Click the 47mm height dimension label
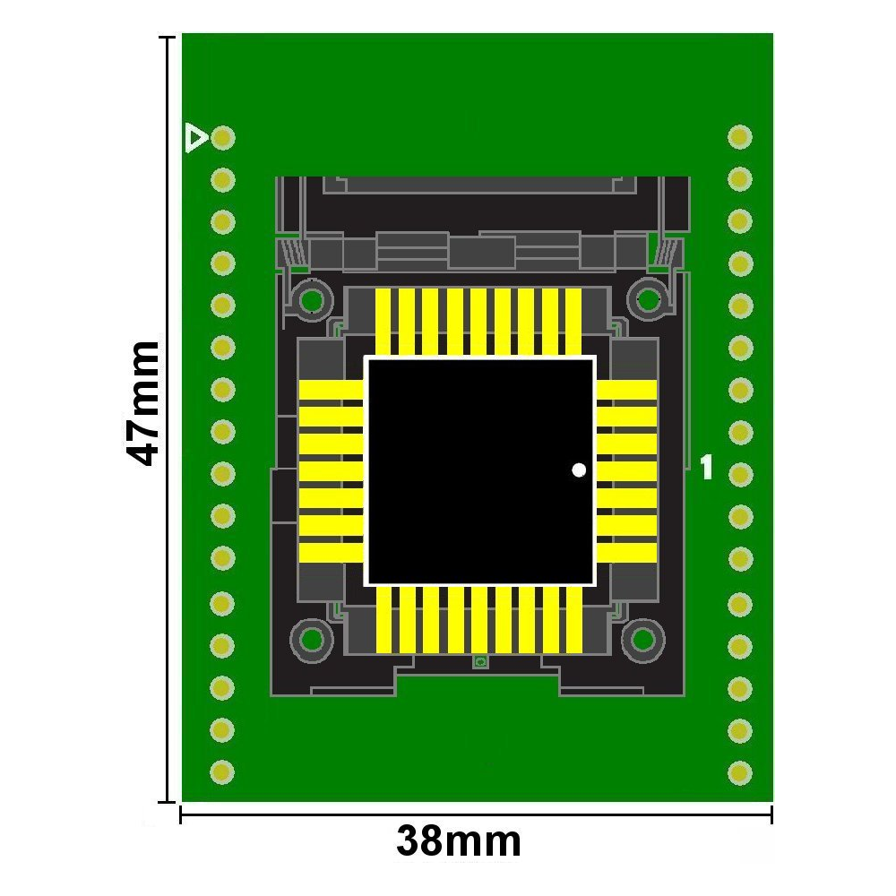tap(142, 403)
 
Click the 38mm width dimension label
tap(458, 840)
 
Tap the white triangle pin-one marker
tap(196, 138)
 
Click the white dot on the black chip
tap(579, 470)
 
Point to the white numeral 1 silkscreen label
tap(707, 467)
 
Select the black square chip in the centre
tap(480, 471)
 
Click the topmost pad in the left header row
tap(223, 138)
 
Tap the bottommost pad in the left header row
tap(222, 772)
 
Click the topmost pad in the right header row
tap(740, 137)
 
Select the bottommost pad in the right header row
tap(740, 773)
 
